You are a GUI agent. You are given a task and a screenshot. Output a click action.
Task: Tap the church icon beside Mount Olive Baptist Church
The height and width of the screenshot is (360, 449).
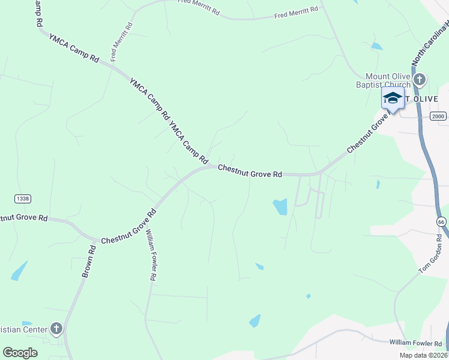(420, 79)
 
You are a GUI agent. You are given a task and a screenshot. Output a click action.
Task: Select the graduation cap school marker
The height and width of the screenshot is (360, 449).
(393, 98)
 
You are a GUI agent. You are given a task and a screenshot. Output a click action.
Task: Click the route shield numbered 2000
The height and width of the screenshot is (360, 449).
(439, 116)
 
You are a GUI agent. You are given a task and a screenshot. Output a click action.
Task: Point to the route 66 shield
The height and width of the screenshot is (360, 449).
(441, 222)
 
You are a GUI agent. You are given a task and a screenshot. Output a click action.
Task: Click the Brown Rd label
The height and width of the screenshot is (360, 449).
(89, 262)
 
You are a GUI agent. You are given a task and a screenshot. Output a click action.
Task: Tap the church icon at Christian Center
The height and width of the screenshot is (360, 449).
(56, 328)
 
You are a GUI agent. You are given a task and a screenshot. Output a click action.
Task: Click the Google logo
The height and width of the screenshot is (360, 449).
(20, 353)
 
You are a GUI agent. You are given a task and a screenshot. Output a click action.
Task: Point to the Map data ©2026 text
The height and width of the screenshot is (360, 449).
(423, 355)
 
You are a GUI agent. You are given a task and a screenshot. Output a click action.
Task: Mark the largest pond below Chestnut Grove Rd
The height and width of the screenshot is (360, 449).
(280, 207)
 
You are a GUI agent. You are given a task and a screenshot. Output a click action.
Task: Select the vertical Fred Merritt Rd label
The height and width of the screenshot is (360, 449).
(121, 42)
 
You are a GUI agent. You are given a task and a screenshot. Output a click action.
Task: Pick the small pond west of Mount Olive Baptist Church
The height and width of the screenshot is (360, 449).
(376, 46)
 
